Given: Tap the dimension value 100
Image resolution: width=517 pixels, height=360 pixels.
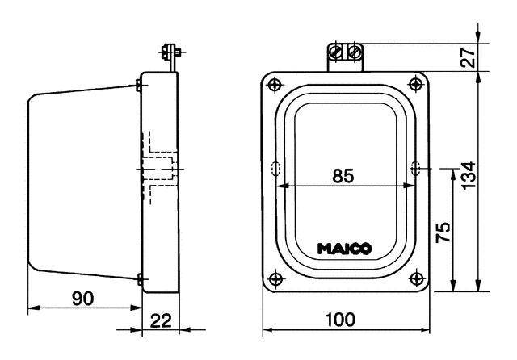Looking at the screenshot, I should click(x=344, y=320).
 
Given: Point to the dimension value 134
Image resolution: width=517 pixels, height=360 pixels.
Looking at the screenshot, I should click(x=469, y=172).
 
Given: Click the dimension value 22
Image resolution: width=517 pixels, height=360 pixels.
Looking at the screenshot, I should click(x=162, y=320).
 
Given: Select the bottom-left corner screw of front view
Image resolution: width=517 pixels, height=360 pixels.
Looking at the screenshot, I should click(x=276, y=279).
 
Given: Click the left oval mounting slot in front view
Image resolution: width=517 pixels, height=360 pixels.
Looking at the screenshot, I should click(x=275, y=168).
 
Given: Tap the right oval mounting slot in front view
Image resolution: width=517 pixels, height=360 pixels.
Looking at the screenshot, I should click(x=416, y=168).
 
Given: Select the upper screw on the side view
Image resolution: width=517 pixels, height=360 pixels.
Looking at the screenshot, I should click(x=140, y=83).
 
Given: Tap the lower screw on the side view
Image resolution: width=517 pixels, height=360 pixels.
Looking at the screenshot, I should click(x=140, y=279).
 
